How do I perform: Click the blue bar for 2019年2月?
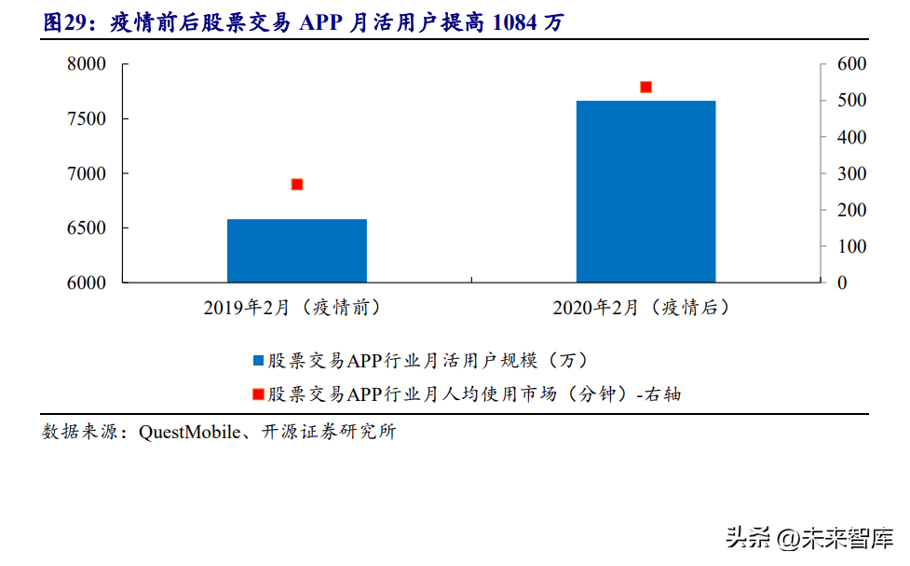click(297, 251)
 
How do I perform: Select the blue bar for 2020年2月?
click(645, 191)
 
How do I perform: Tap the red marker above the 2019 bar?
click(297, 185)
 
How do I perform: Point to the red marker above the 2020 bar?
click(645, 87)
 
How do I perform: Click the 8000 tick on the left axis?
click(88, 64)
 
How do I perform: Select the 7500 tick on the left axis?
click(88, 119)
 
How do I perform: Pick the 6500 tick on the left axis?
click(88, 228)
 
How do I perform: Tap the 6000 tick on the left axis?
click(88, 283)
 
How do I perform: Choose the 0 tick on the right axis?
click(842, 283)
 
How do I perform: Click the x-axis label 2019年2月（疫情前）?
click(297, 308)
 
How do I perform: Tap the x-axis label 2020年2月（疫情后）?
click(645, 308)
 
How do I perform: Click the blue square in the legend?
click(258, 360)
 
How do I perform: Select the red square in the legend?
click(258, 394)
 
